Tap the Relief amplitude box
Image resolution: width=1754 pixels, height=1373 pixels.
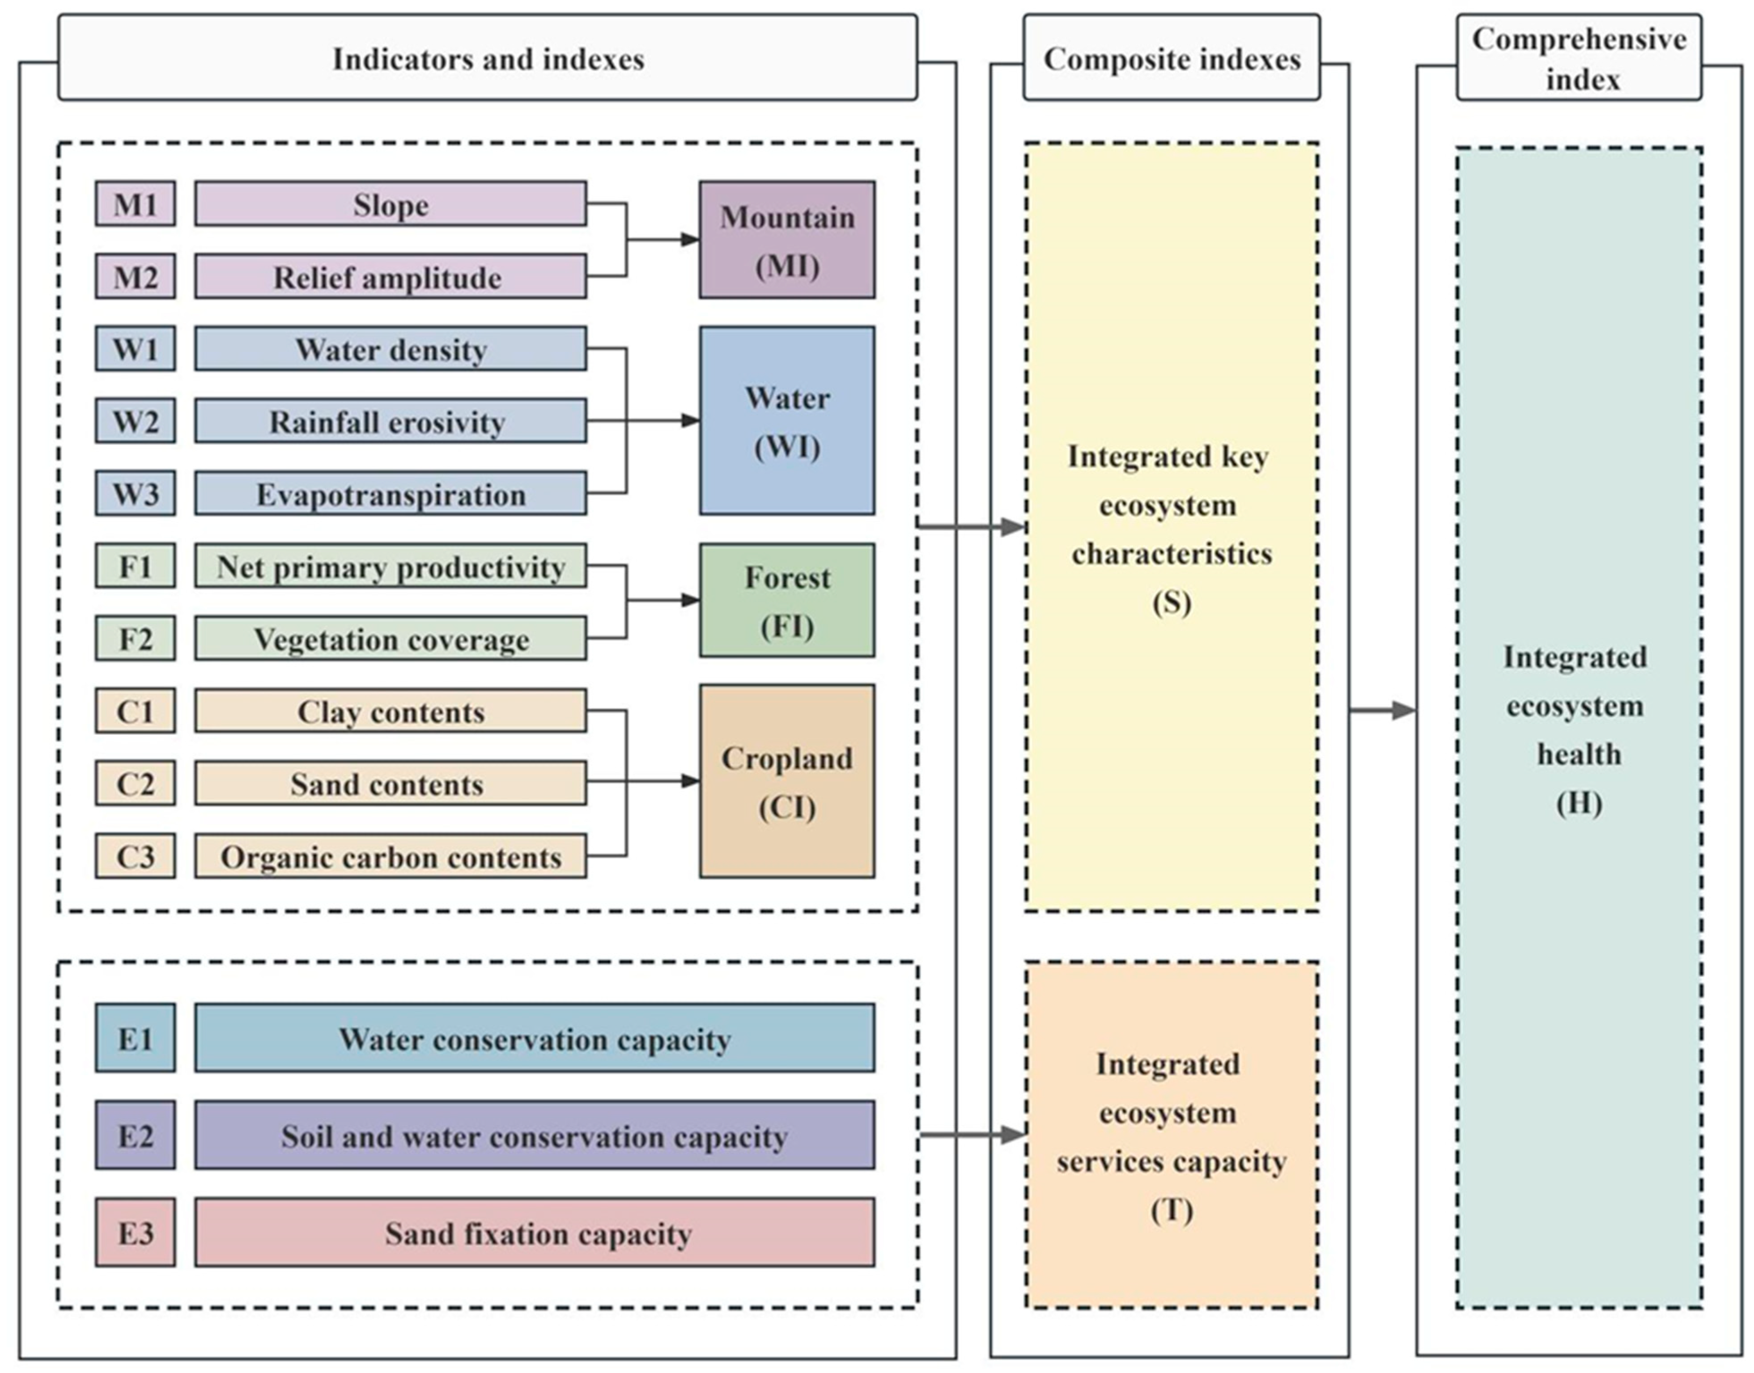pos(390,276)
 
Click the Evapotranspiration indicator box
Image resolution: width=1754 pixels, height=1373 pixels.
pos(390,494)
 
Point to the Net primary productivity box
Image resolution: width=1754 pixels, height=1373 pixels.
pos(390,566)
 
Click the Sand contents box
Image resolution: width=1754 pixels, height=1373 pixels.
pos(390,784)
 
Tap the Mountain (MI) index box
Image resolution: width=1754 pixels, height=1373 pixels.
pos(787,240)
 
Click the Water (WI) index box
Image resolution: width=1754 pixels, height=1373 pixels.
pos(787,420)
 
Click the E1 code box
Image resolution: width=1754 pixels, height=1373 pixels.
pos(135,1038)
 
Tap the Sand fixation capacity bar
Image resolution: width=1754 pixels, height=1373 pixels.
pos(535,1232)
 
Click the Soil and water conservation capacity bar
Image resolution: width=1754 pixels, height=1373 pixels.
pos(535,1135)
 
